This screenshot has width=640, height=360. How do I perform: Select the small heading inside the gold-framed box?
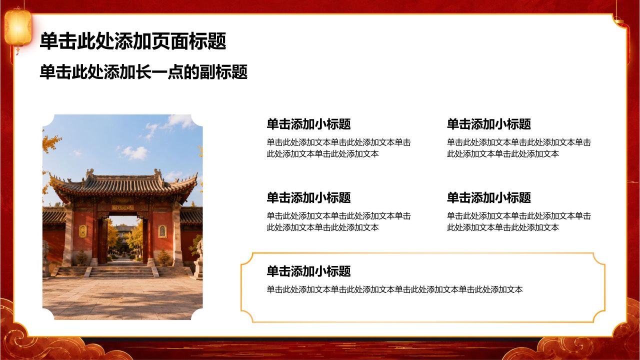pyautogui.click(x=308, y=271)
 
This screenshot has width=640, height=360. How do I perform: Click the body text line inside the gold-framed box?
pyautogui.click(x=394, y=289)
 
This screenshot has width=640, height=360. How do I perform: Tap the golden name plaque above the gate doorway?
pyautogui.click(x=123, y=207)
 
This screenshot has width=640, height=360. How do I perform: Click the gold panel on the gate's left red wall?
pyautogui.click(x=83, y=231)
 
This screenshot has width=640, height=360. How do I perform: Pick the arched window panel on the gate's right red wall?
pyautogui.click(x=162, y=231)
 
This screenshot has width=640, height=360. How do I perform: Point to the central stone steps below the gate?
pyautogui.click(x=121, y=271)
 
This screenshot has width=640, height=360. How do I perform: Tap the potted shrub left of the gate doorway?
pyautogui.click(x=82, y=257)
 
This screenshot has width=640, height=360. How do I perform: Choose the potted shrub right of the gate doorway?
pyautogui.click(x=163, y=257)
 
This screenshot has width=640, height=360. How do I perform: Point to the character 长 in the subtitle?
pyautogui.click(x=143, y=71)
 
